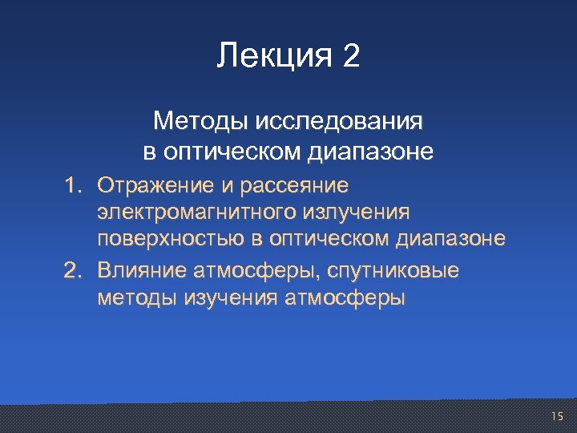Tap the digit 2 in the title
pos(350,56)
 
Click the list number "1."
pos(75,186)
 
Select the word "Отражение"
pos(153,186)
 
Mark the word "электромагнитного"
pos(196,212)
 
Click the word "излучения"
pos(357,212)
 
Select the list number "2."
pos(75,271)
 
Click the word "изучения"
pos(227,299)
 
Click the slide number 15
pos(558,415)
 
